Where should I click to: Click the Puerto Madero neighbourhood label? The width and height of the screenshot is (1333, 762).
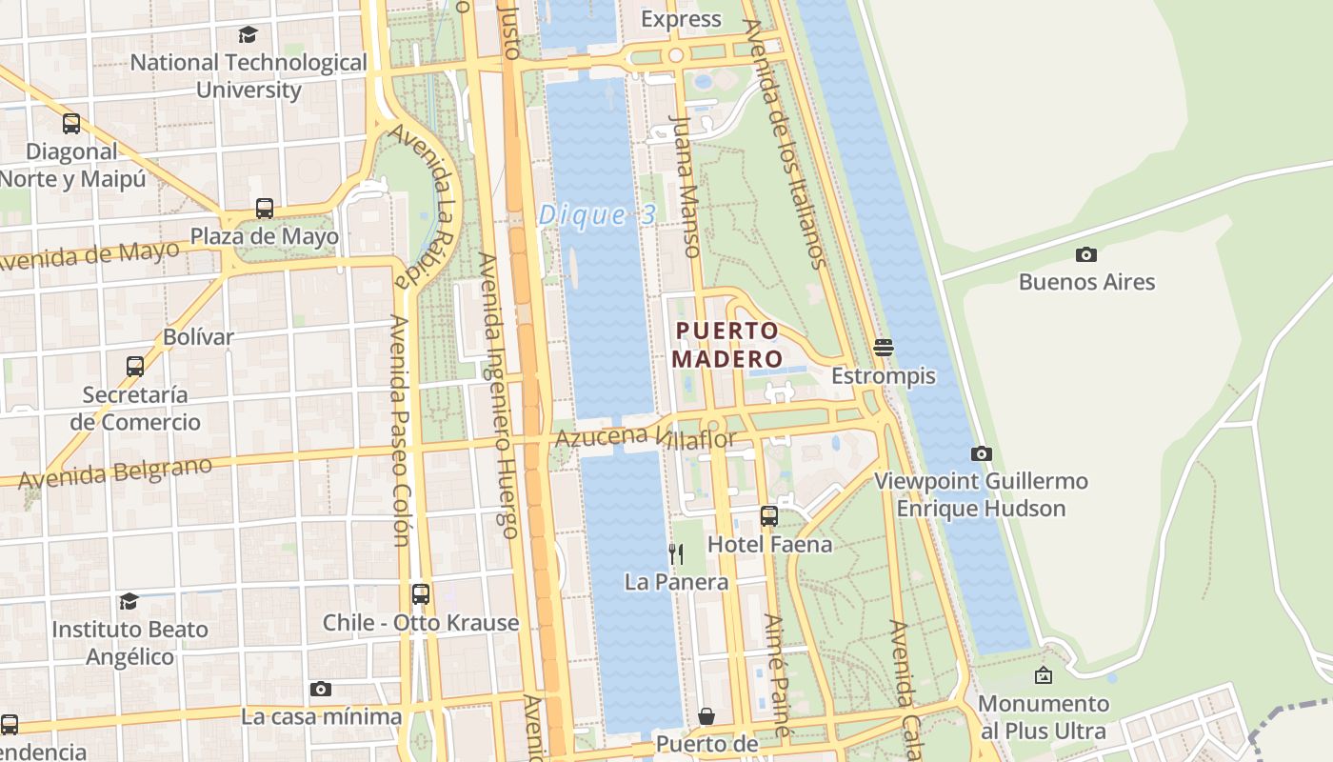click(726, 345)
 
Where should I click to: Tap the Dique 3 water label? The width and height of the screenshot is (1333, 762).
click(597, 215)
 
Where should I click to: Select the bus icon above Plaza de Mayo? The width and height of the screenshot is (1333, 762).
click(265, 208)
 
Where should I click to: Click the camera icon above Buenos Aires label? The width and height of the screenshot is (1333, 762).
click(1085, 254)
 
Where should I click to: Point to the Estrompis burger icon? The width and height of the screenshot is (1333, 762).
click(883, 348)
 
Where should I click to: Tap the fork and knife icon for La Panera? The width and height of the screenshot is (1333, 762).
click(676, 553)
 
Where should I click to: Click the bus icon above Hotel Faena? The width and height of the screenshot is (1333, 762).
click(769, 516)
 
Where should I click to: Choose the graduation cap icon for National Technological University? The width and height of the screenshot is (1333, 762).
click(248, 35)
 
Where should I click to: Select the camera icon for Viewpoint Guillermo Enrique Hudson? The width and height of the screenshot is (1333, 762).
click(982, 453)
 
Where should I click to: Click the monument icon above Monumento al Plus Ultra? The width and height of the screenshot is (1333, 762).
click(1044, 676)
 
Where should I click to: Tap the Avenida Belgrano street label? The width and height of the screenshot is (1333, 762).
click(114, 473)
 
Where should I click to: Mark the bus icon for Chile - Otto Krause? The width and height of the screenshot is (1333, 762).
click(420, 594)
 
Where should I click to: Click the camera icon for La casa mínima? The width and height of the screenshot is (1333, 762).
click(321, 689)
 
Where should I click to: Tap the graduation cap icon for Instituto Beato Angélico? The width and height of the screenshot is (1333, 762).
click(129, 601)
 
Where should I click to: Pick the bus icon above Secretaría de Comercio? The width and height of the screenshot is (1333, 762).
click(135, 366)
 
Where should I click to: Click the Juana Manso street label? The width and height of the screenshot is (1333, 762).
click(686, 186)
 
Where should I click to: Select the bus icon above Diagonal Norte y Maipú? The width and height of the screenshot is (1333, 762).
click(71, 123)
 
